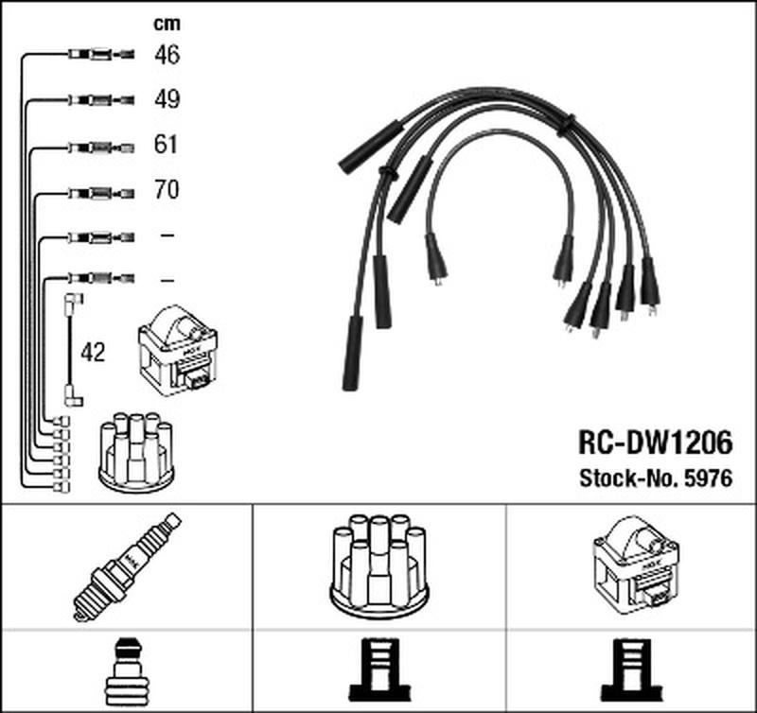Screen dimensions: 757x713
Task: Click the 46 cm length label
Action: point(167,55)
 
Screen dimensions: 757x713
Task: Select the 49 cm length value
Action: point(167,99)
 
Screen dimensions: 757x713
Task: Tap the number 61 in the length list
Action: point(167,145)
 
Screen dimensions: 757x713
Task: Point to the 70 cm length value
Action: point(167,189)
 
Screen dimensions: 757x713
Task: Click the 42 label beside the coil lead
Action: point(93,353)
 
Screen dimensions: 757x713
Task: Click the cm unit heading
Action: point(167,24)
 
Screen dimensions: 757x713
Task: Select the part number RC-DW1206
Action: point(656,443)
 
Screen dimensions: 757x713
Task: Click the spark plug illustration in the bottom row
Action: point(127,566)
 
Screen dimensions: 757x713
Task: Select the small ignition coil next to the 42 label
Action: point(178,351)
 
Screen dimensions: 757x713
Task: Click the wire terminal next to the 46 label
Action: point(101,54)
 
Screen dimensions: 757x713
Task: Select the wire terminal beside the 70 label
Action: point(101,193)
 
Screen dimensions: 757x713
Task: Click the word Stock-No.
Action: point(630,478)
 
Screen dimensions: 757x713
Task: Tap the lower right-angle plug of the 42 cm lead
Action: point(74,396)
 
